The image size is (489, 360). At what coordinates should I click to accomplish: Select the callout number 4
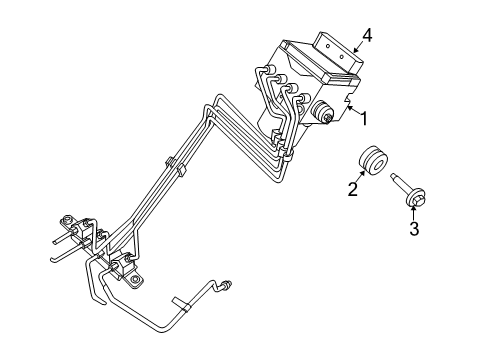(367, 37)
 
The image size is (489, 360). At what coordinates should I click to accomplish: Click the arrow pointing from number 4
(352, 44)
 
